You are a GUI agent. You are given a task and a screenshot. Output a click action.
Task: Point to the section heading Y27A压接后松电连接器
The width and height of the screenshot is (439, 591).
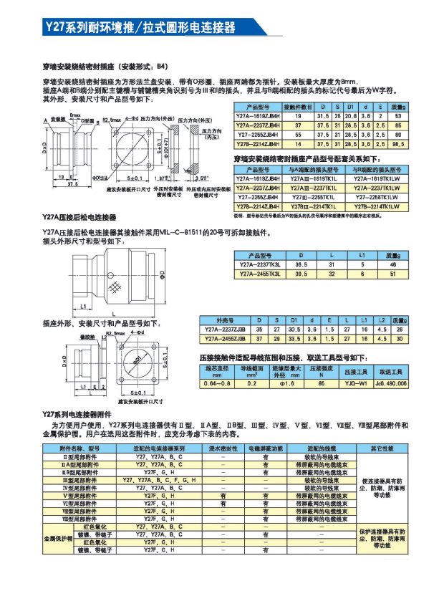pyautogui.click(x=79, y=216)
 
